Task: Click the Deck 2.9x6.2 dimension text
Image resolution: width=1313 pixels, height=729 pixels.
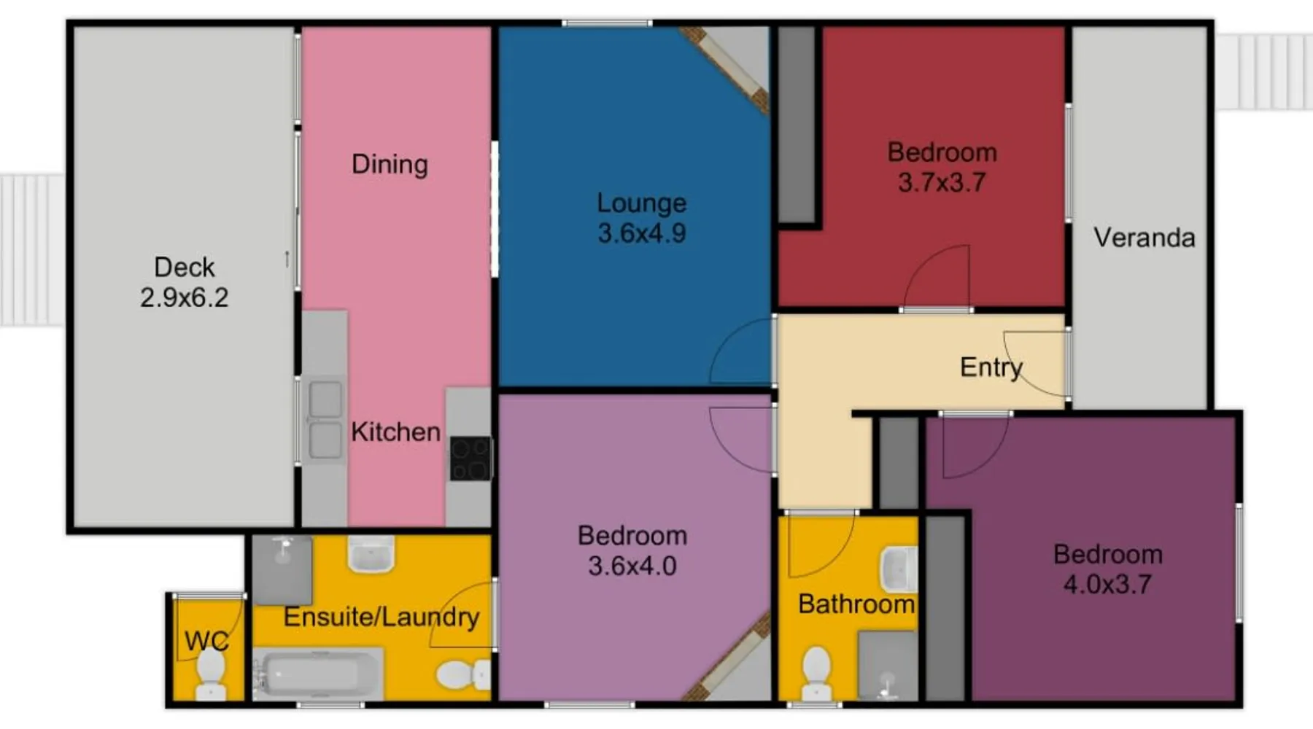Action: (184, 297)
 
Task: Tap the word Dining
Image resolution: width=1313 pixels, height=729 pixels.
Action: (390, 165)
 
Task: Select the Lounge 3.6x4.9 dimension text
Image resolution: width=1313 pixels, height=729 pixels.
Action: (642, 233)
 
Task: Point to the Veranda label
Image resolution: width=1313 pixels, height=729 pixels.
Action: (1144, 238)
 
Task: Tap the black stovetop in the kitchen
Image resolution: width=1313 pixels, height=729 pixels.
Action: (470, 459)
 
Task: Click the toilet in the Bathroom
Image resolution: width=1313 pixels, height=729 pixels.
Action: (816, 674)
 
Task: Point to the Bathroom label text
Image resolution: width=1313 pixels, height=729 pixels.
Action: (856, 604)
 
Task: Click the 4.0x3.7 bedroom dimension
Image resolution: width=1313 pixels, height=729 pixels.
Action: (1107, 585)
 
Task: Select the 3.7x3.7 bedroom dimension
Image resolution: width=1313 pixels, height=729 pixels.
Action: (942, 182)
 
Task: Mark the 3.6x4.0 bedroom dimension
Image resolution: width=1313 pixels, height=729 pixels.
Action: (632, 566)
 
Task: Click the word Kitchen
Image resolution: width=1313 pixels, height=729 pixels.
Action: (395, 432)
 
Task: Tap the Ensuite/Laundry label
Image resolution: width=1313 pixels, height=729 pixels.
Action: (381, 617)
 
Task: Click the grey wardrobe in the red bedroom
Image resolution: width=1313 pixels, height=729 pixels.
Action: (797, 125)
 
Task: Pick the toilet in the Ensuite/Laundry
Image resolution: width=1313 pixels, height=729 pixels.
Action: (463, 675)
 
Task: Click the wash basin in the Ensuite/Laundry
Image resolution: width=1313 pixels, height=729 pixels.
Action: (371, 555)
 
